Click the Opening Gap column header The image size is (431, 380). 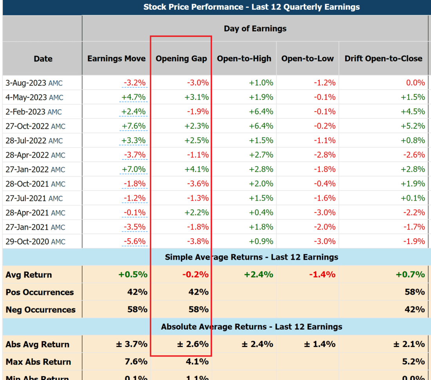(181, 59)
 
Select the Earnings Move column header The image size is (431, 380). (116, 59)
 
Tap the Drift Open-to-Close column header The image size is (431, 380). (383, 59)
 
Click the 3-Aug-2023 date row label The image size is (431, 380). (34, 83)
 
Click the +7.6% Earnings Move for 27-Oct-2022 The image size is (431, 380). (134, 126)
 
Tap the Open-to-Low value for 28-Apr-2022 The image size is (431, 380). (325, 155)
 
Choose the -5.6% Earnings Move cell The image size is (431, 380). (134, 242)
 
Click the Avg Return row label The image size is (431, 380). (29, 275)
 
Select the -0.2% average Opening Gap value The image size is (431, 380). (195, 275)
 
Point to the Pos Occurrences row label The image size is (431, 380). (40, 292)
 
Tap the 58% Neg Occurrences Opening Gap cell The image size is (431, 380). (199, 309)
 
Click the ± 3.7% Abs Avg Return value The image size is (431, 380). (132, 344)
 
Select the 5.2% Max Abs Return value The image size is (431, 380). (414, 362)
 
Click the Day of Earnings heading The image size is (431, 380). (255, 29)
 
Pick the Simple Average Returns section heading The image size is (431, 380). (252, 257)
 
